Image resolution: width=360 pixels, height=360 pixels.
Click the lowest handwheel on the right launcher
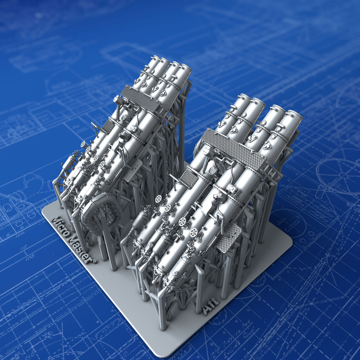[194, 233]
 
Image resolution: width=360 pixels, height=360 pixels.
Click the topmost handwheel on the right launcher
[158, 199]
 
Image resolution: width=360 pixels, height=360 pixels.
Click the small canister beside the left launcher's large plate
[118, 100]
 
